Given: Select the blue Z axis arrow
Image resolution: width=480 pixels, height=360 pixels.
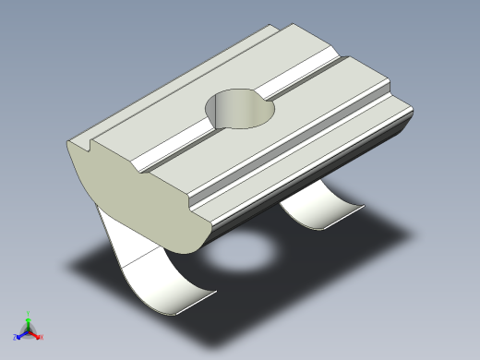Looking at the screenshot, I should [x=19, y=334].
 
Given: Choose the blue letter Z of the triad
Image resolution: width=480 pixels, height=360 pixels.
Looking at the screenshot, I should [x=15, y=338].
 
